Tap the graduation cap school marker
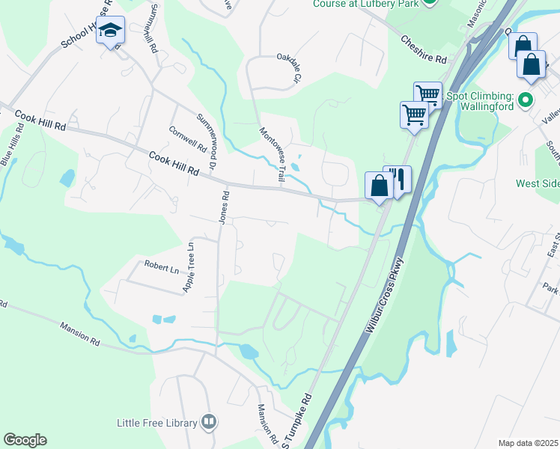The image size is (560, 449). (110, 31)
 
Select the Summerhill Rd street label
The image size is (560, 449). (153, 29)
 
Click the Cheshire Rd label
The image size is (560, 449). (423, 49)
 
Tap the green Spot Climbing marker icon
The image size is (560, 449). (525, 99)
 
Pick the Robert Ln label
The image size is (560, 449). (161, 266)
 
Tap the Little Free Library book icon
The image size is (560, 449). (209, 423)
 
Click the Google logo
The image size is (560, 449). (25, 439)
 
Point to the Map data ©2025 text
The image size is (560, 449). (527, 443)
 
